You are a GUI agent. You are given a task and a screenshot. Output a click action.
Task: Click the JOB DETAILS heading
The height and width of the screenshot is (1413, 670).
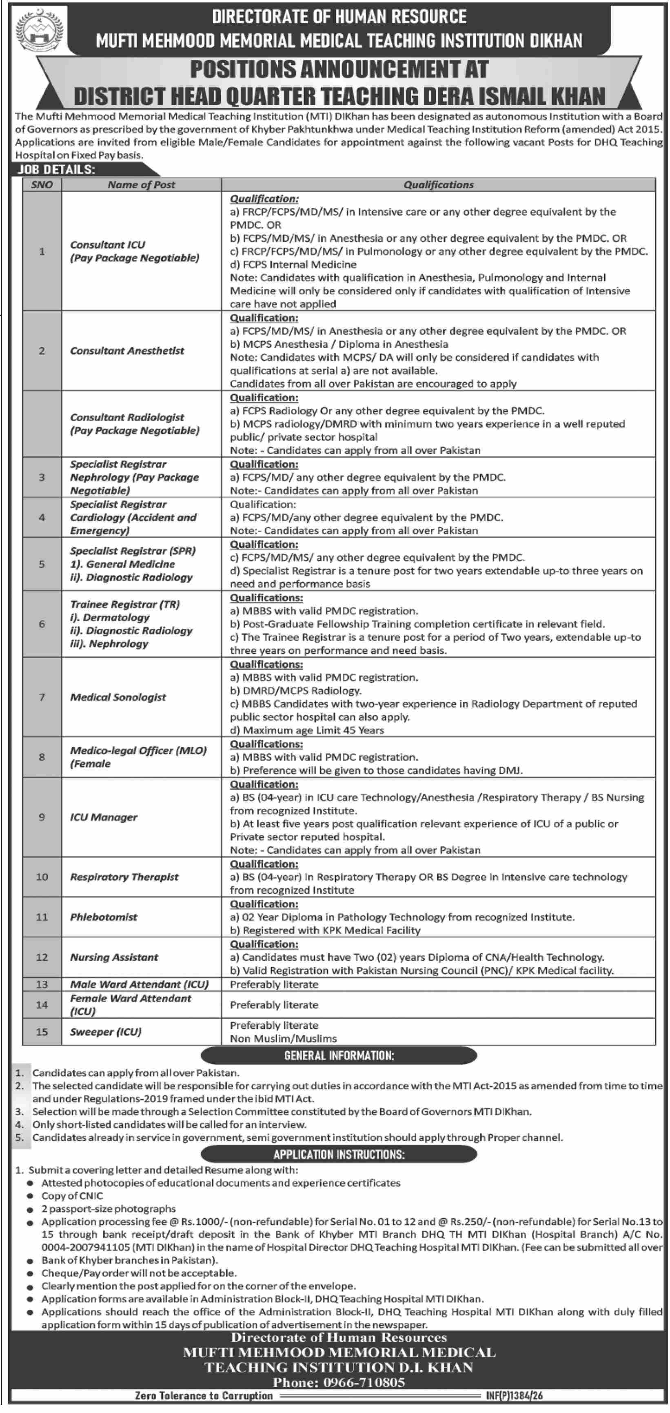56,169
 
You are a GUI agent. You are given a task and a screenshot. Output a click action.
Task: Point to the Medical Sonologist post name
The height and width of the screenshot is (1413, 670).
118,697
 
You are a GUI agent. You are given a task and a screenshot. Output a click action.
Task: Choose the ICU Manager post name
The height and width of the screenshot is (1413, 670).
104,817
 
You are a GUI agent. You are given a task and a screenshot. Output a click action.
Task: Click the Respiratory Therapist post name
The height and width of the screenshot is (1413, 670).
124,877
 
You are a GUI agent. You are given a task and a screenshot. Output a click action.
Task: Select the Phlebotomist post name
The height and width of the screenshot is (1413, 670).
104,917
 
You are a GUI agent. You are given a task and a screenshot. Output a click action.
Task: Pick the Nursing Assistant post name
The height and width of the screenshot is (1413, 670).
114,957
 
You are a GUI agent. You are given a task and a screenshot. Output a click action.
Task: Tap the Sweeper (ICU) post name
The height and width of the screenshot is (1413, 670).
105,1032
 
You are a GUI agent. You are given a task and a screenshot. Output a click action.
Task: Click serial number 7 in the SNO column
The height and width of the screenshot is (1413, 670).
42,697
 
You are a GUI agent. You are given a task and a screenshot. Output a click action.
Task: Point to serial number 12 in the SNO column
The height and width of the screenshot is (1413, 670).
42,957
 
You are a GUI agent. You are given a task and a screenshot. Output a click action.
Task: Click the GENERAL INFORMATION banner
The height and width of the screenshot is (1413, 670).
339,1055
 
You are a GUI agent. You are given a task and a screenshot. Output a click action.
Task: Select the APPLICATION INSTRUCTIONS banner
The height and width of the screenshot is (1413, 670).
339,1155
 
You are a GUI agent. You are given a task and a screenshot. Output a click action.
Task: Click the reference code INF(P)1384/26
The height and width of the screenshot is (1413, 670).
514,1395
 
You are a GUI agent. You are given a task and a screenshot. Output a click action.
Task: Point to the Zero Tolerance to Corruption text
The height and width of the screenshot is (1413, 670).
204,1395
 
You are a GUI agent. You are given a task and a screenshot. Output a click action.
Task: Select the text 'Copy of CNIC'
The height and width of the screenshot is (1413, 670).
72,1196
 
